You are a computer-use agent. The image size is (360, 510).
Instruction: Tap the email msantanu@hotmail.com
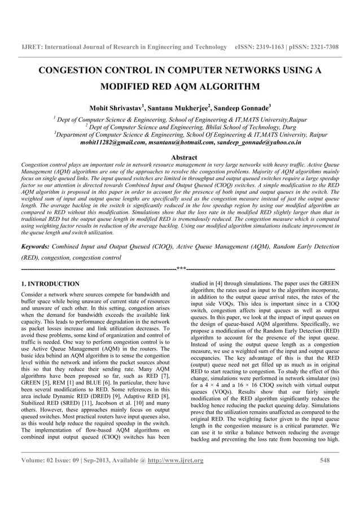tap(182, 143)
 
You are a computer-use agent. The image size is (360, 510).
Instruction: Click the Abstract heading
tap(179, 157)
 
